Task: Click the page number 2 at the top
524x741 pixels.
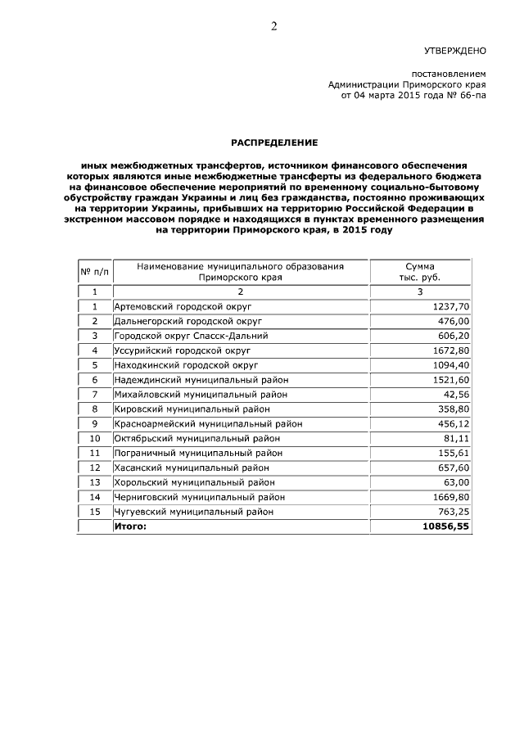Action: pos(274,25)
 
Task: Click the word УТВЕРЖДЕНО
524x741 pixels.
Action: pos(455,50)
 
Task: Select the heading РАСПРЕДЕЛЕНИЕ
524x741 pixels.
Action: pos(273,142)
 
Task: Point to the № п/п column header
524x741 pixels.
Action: pos(94,272)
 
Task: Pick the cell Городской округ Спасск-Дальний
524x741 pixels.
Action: pos(191,336)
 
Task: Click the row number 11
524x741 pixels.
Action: pos(94,453)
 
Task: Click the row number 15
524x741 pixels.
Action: pos(94,512)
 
